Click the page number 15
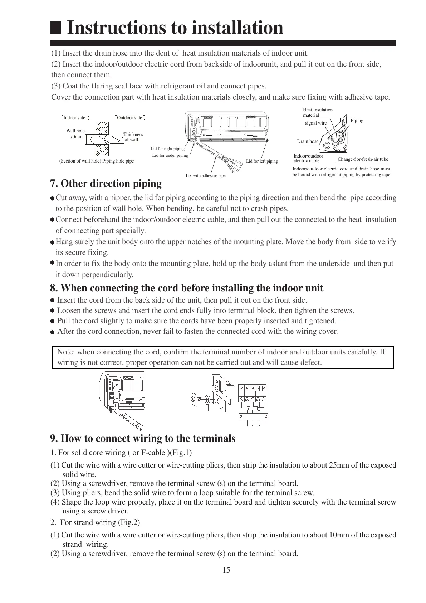click(226, 570)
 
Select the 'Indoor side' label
click(74, 118)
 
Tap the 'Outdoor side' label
click(129, 118)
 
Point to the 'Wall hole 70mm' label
click(75, 134)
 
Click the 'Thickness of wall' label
click(133, 137)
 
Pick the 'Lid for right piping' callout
click(167, 149)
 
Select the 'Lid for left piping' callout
click(262, 161)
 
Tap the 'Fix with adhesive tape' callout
click(206, 175)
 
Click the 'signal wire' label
click(316, 123)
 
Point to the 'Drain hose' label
click(308, 141)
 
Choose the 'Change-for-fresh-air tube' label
click(363, 159)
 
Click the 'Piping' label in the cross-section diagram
click(357, 121)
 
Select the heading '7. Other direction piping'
click(106, 184)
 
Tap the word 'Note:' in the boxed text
click(66, 352)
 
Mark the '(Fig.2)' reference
click(129, 522)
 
